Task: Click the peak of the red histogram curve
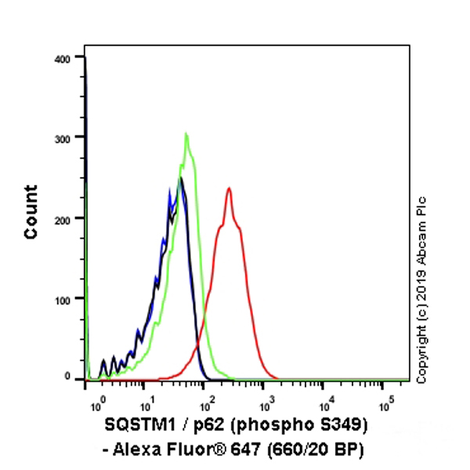click(x=229, y=188)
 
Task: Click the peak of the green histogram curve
click(x=186, y=134)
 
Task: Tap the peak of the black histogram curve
click(x=181, y=179)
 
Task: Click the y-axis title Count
click(x=31, y=211)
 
